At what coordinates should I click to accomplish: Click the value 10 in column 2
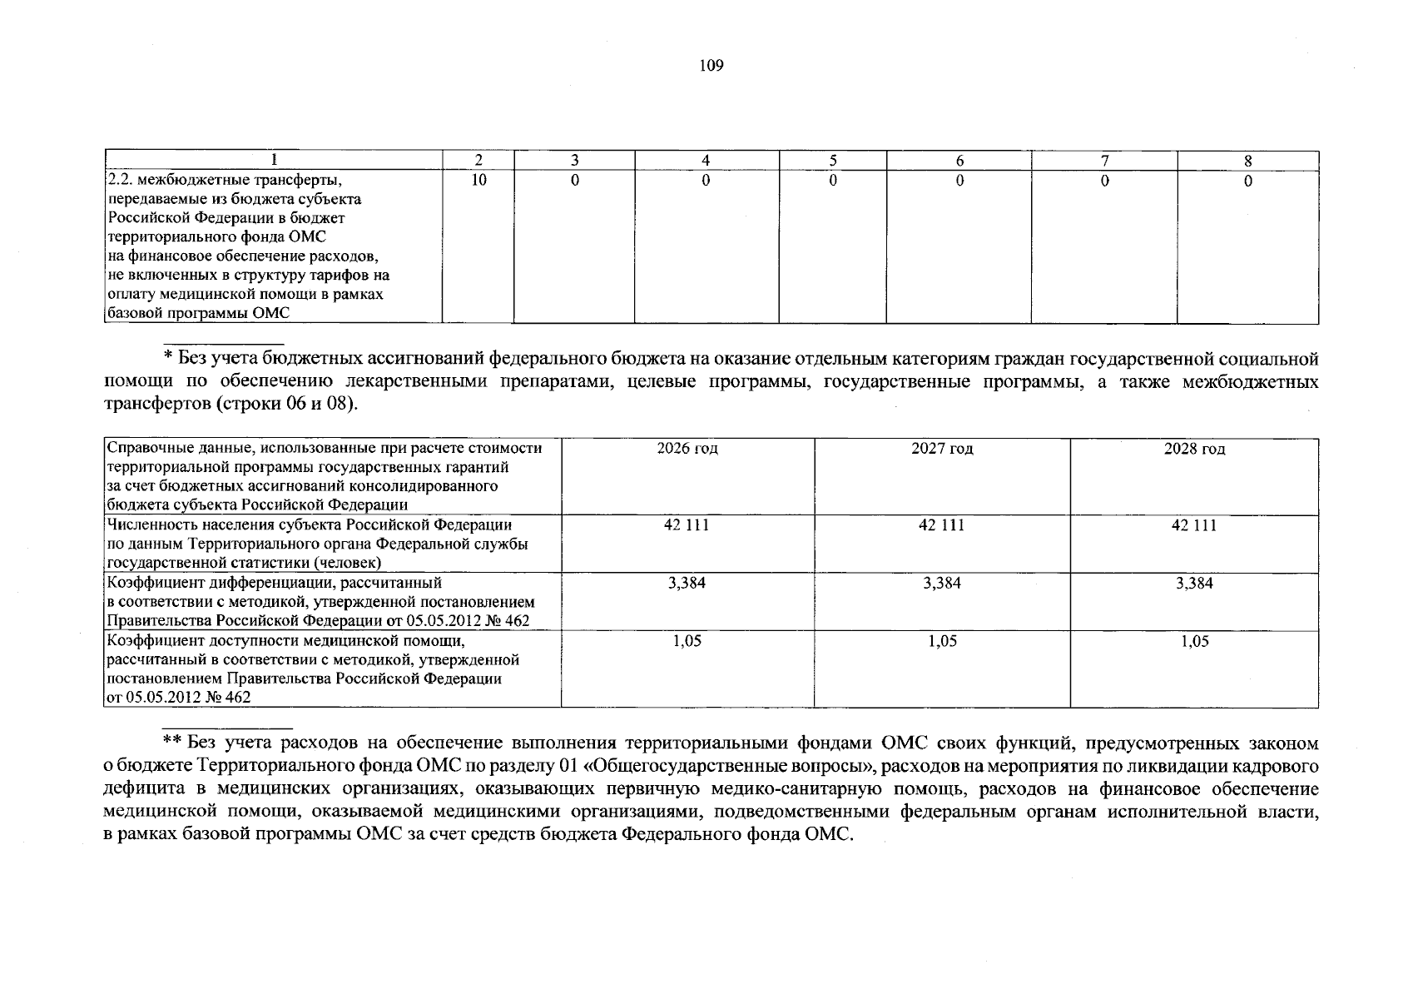[x=478, y=181]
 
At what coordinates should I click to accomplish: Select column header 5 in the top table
[x=832, y=162]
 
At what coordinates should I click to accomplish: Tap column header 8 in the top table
[x=1247, y=162]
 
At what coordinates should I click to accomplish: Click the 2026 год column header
[x=687, y=449]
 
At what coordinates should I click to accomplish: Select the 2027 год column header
[x=942, y=449]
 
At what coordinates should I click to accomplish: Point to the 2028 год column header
[x=1194, y=449]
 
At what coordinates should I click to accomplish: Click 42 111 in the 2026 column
[x=687, y=525]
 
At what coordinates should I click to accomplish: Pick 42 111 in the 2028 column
[x=1194, y=525]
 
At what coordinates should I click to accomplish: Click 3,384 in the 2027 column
[x=942, y=584]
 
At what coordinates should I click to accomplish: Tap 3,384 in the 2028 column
[x=1194, y=584]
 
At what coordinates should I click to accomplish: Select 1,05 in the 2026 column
[x=687, y=641]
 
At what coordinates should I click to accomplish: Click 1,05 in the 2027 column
[x=942, y=641]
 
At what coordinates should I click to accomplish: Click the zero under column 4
[x=706, y=181]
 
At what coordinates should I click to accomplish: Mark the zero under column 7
[x=1104, y=181]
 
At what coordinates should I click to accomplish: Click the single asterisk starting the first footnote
[x=166, y=358]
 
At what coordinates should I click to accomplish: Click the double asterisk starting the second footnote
[x=171, y=742]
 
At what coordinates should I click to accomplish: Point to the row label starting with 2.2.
[x=225, y=181]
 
